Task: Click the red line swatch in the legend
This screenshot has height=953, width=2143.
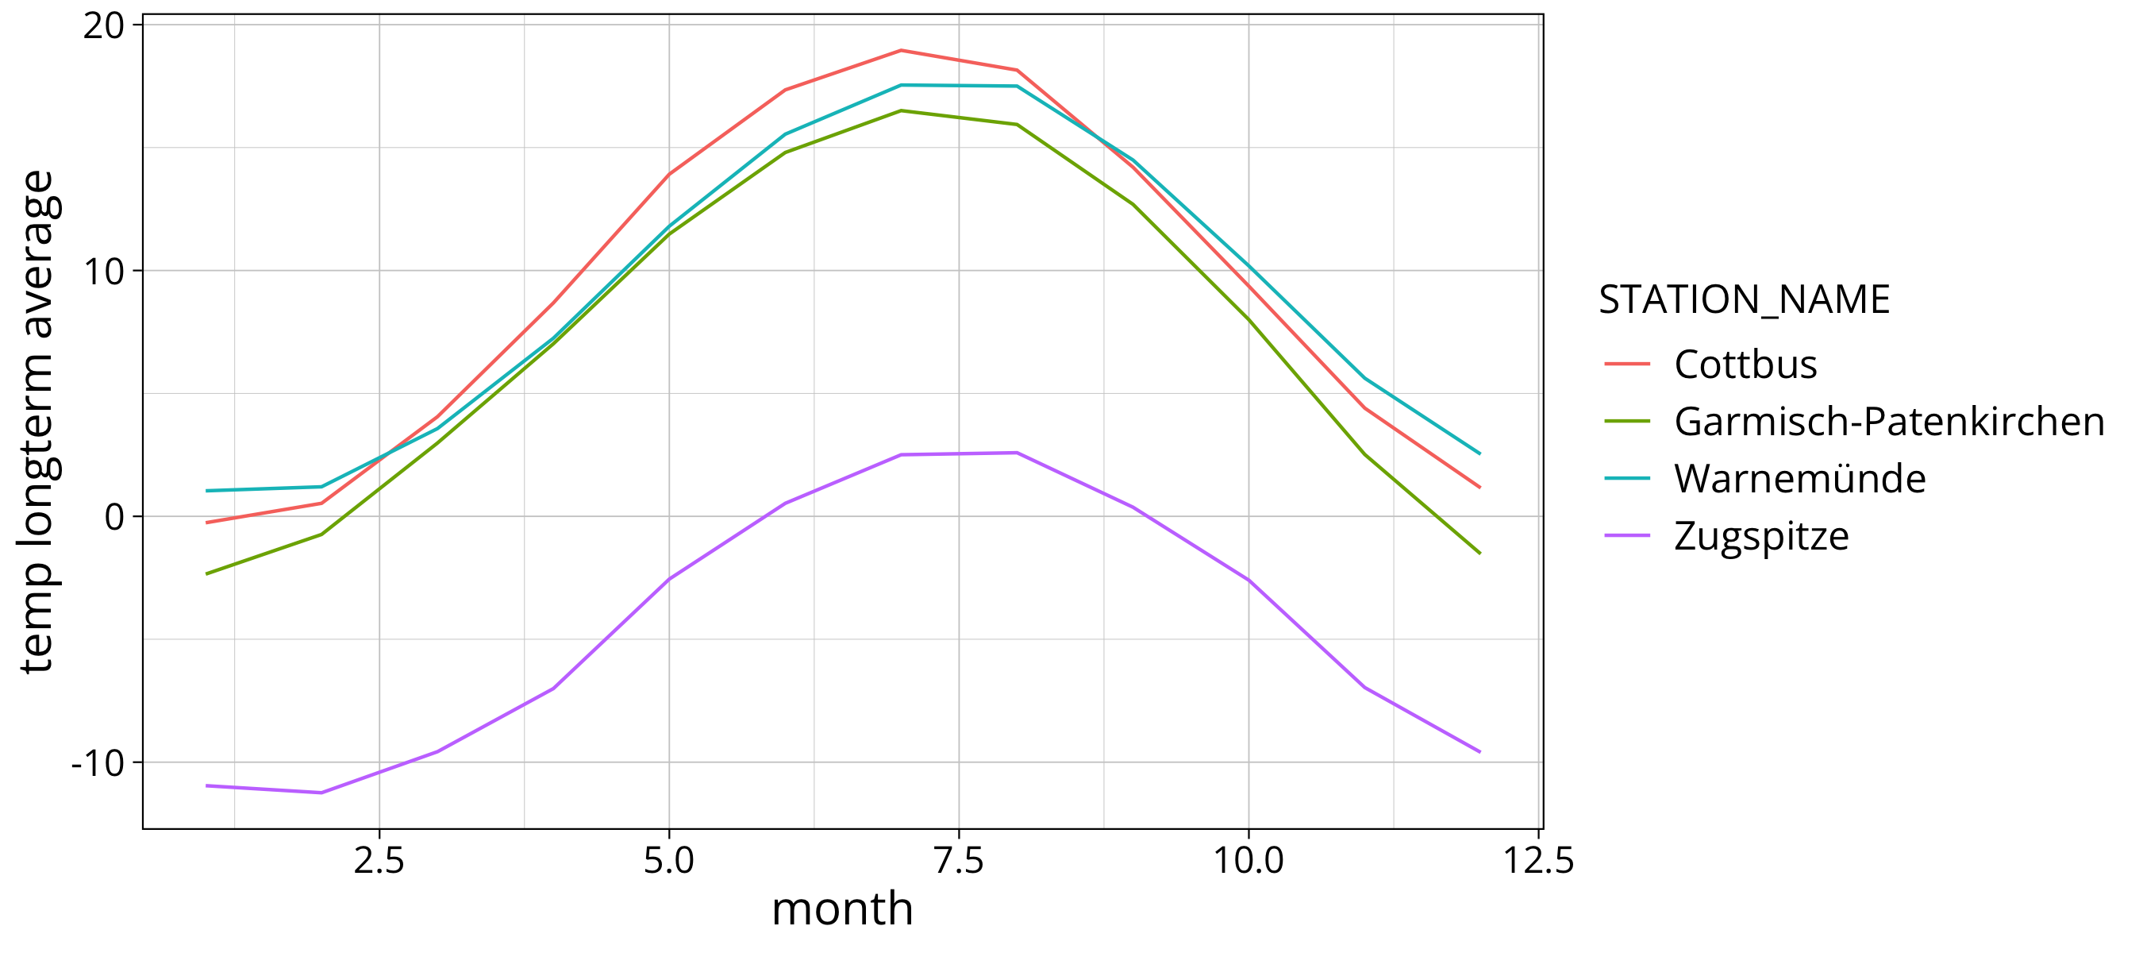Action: (x=1627, y=364)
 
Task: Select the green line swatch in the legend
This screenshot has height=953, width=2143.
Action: (x=1627, y=421)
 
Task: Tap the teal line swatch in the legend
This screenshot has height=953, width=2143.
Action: (x=1627, y=479)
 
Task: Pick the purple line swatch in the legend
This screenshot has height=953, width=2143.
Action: (x=1627, y=536)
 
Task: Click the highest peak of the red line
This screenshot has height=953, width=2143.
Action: (x=901, y=51)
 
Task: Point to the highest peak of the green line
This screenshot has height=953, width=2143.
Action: (x=901, y=110)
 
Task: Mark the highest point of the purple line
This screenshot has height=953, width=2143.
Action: (x=1017, y=453)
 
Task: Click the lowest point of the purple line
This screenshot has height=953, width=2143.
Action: (x=321, y=793)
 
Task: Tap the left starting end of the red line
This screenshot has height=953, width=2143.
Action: (x=206, y=523)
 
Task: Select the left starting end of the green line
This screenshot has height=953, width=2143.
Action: (x=206, y=574)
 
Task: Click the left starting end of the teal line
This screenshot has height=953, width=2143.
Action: (x=206, y=491)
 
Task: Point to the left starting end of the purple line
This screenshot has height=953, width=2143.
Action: (x=206, y=785)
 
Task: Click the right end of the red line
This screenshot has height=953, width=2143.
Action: (x=1480, y=487)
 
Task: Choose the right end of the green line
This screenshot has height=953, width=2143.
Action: (x=1480, y=553)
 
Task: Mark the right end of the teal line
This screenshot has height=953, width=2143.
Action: (x=1480, y=453)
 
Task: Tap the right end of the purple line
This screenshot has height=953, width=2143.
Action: (x=1480, y=751)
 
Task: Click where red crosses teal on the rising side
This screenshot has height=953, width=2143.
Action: (x=382, y=457)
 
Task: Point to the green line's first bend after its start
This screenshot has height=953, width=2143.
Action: (x=321, y=534)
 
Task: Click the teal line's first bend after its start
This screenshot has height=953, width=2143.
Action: (x=321, y=487)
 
